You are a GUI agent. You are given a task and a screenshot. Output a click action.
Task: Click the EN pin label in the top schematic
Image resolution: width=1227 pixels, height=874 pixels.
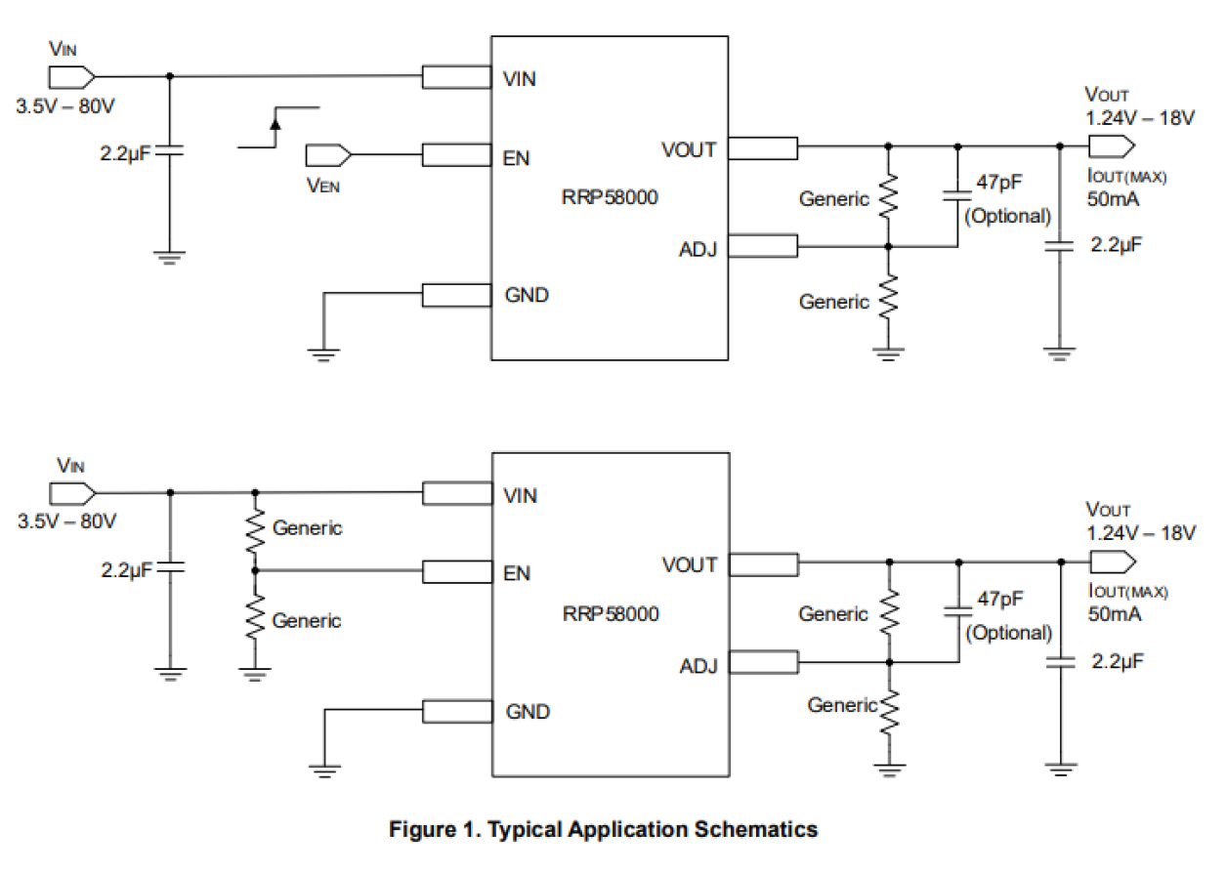[x=516, y=157]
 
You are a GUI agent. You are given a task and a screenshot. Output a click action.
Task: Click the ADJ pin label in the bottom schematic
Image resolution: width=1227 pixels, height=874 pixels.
[x=698, y=666]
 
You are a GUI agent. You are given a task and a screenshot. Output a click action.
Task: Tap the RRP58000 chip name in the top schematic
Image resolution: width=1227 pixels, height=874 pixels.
[x=610, y=197]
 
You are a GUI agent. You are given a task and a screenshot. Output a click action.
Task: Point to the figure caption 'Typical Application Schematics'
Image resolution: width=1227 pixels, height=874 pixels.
[x=603, y=830]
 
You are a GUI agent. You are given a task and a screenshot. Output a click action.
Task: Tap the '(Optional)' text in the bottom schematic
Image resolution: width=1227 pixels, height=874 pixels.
[x=1009, y=633]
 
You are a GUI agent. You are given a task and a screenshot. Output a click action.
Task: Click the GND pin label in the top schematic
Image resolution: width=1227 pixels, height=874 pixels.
[x=527, y=294]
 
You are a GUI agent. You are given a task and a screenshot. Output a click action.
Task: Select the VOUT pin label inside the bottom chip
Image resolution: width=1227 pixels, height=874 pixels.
[x=690, y=564]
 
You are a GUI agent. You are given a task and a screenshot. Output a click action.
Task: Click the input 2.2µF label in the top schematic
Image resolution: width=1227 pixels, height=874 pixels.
[x=126, y=154]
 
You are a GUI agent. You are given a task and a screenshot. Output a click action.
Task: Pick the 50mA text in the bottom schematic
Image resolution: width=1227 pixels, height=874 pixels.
[x=1115, y=614]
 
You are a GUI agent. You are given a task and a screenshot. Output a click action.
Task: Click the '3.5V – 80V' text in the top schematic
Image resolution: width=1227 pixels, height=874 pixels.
[x=65, y=107]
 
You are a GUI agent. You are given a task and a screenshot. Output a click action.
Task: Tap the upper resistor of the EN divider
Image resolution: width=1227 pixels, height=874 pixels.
[x=255, y=530]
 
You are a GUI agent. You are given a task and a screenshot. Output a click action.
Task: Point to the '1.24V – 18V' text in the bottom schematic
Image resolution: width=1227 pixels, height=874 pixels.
[x=1140, y=533]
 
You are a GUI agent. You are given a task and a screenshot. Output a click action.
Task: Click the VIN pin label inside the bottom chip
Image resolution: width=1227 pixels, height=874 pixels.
[x=520, y=496]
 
